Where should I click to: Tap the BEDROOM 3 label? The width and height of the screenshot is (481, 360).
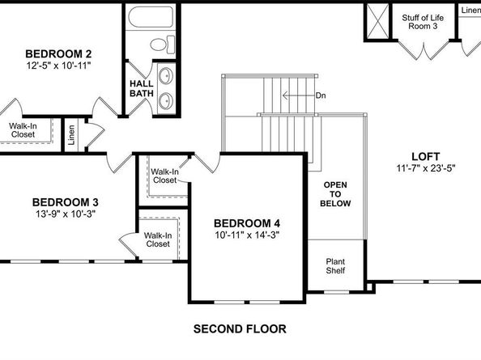pyautogui.click(x=66, y=202)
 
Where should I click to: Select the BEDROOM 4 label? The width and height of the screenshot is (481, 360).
pyautogui.click(x=247, y=223)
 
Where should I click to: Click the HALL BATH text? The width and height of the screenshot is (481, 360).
pyautogui.click(x=141, y=88)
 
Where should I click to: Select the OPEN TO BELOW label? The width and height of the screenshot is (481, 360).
pyautogui.click(x=336, y=194)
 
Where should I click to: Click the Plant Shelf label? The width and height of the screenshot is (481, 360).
pyautogui.click(x=335, y=266)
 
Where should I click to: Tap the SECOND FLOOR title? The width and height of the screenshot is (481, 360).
pyautogui.click(x=240, y=329)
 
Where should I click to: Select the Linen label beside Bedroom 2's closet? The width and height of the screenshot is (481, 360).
pyautogui.click(x=71, y=132)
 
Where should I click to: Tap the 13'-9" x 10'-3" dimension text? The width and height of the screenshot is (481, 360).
pyautogui.click(x=66, y=215)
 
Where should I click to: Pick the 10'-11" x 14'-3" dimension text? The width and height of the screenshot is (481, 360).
pyautogui.click(x=247, y=236)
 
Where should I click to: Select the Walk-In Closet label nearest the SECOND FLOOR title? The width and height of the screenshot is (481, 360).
pyautogui.click(x=157, y=239)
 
